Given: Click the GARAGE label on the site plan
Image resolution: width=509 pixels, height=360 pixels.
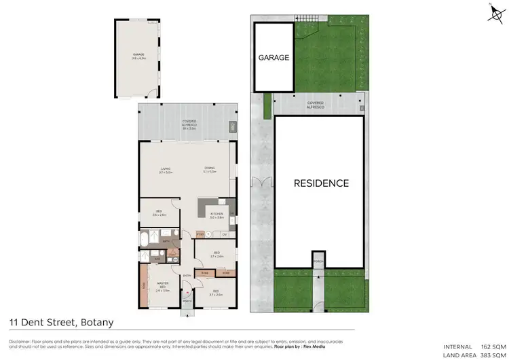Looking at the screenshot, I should (274, 58).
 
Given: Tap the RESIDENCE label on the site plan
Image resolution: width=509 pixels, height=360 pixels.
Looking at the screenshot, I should (321, 183).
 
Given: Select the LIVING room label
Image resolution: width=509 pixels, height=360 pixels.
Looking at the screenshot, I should (166, 169).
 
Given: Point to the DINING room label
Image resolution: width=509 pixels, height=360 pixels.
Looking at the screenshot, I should (210, 169).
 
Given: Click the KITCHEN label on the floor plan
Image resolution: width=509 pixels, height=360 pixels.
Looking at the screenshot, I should (216, 216).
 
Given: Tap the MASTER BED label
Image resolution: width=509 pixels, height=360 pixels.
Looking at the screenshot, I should (163, 284).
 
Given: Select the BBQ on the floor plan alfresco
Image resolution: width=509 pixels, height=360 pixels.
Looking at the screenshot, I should (233, 127).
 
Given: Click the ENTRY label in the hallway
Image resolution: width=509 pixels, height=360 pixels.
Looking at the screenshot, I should (187, 275).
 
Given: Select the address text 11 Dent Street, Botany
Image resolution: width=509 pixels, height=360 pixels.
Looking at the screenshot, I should (61, 322).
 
